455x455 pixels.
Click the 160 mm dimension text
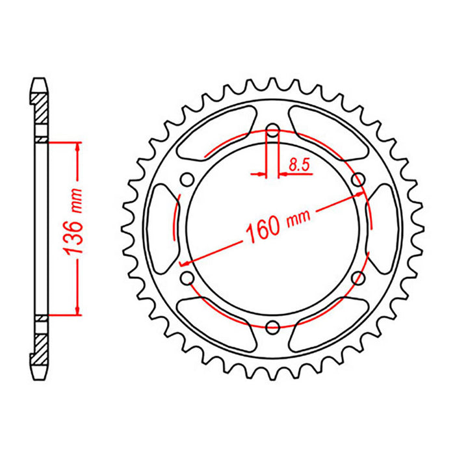coord(273,222)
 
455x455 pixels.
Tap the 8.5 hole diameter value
coord(299,166)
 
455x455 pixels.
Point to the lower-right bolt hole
coord(356,278)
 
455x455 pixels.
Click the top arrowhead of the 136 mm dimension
coord(78,147)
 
